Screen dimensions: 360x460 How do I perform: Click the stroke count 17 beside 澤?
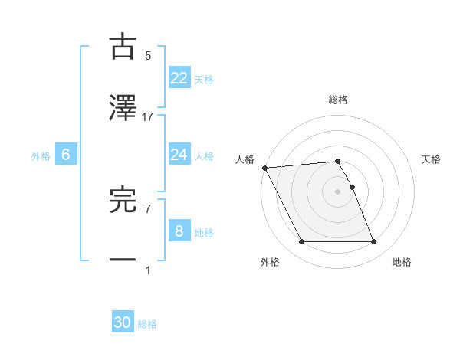(x=148, y=117)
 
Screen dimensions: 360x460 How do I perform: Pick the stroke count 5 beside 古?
(x=148, y=56)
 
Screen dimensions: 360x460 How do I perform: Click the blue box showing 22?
(x=179, y=78)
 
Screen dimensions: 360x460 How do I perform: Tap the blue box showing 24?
(x=179, y=155)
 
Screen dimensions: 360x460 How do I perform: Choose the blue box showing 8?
(x=179, y=231)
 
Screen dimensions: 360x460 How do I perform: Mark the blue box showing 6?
(x=66, y=155)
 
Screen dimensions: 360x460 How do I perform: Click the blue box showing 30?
(x=123, y=322)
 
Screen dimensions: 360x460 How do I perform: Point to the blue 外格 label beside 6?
(x=41, y=155)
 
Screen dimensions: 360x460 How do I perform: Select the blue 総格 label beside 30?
(x=147, y=323)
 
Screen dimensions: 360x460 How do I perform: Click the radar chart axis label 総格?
(x=338, y=100)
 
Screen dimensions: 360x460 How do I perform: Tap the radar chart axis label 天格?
(x=432, y=159)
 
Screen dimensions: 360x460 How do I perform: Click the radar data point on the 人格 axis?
(x=264, y=168)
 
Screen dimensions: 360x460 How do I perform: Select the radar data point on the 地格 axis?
(x=373, y=242)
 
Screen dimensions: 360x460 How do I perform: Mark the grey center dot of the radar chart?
(x=338, y=191)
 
